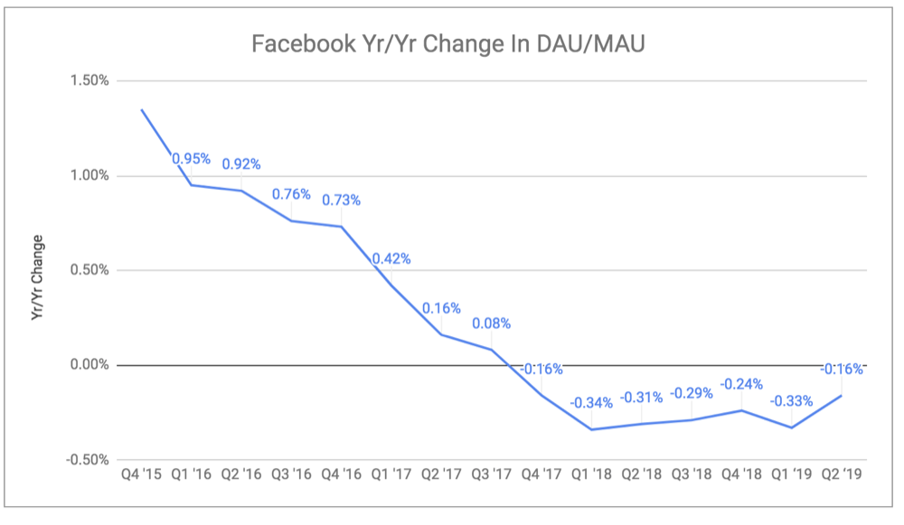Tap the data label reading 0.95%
pyautogui.click(x=192, y=159)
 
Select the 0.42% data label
pyautogui.click(x=391, y=258)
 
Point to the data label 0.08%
pyautogui.click(x=492, y=323)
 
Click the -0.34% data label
pyautogui.click(x=592, y=402)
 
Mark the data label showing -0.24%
pyautogui.click(x=741, y=383)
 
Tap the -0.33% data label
pyautogui.click(x=791, y=400)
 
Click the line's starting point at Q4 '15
pyautogui.click(x=141, y=109)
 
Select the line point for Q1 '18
pyautogui.click(x=592, y=429)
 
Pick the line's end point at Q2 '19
pyautogui.click(x=842, y=395)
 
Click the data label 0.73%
pyautogui.click(x=342, y=200)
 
